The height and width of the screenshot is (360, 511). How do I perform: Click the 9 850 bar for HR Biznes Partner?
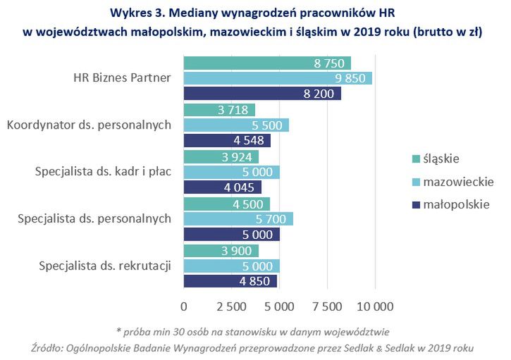[278, 78]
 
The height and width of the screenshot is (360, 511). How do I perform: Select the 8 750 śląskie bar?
[267, 63]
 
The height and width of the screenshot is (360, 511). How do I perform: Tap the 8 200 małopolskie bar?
[262, 94]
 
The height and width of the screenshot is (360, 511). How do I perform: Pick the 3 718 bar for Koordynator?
[219, 110]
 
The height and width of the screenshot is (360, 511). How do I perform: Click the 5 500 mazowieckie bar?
[236, 125]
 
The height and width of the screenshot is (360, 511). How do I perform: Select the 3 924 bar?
[221, 156]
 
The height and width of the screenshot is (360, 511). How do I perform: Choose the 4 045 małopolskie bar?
[223, 187]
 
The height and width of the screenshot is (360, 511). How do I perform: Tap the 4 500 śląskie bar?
[227, 204]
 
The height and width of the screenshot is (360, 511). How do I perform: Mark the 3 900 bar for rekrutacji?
[221, 250]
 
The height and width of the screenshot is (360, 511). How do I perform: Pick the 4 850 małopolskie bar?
[230, 281]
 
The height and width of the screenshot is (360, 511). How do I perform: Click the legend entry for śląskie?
[441, 158]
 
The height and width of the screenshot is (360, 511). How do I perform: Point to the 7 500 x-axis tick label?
[326, 306]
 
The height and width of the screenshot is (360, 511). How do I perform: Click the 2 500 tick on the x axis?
[231, 306]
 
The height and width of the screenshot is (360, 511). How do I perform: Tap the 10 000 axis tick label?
[374, 306]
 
